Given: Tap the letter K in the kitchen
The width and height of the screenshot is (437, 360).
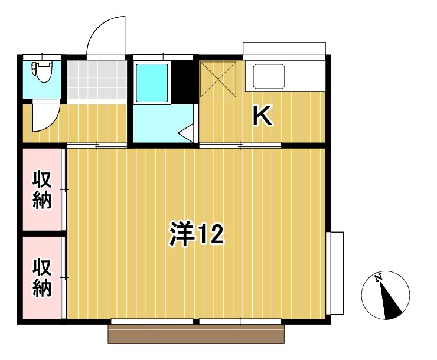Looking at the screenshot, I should (x=262, y=116).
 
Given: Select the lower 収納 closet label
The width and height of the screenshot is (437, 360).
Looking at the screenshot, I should (x=42, y=278).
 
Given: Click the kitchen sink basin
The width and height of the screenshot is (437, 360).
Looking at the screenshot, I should (x=269, y=76).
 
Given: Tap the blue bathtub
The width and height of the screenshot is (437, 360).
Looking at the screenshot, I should (x=152, y=83).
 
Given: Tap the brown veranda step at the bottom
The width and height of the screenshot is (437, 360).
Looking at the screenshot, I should (x=196, y=334).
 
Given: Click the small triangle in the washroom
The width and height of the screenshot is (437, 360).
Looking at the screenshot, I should (x=188, y=132).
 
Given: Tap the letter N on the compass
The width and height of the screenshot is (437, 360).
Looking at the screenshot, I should (x=379, y=278).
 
